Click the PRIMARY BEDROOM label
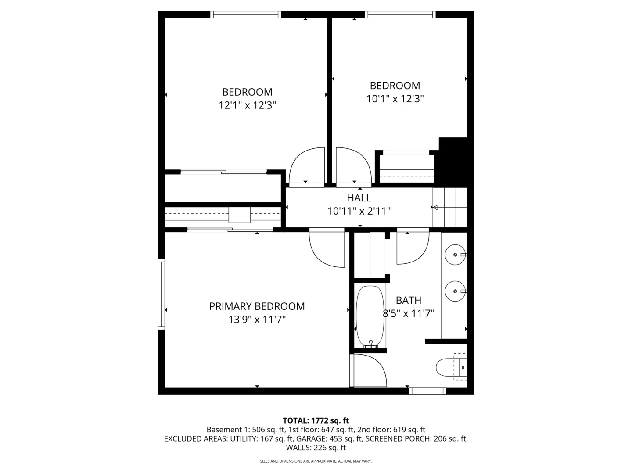(257, 306)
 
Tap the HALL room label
(359, 198)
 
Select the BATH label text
(409, 300)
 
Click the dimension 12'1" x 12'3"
(247, 105)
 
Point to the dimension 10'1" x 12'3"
(395, 99)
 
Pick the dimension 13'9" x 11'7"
(257, 320)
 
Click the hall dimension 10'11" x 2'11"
(359, 211)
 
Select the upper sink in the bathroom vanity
(455, 255)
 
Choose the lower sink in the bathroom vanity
(455, 291)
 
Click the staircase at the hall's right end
(450, 207)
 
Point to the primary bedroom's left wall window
(161, 294)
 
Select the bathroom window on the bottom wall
(427, 391)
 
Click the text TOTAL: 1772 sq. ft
(316, 421)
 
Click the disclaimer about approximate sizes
(316, 461)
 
